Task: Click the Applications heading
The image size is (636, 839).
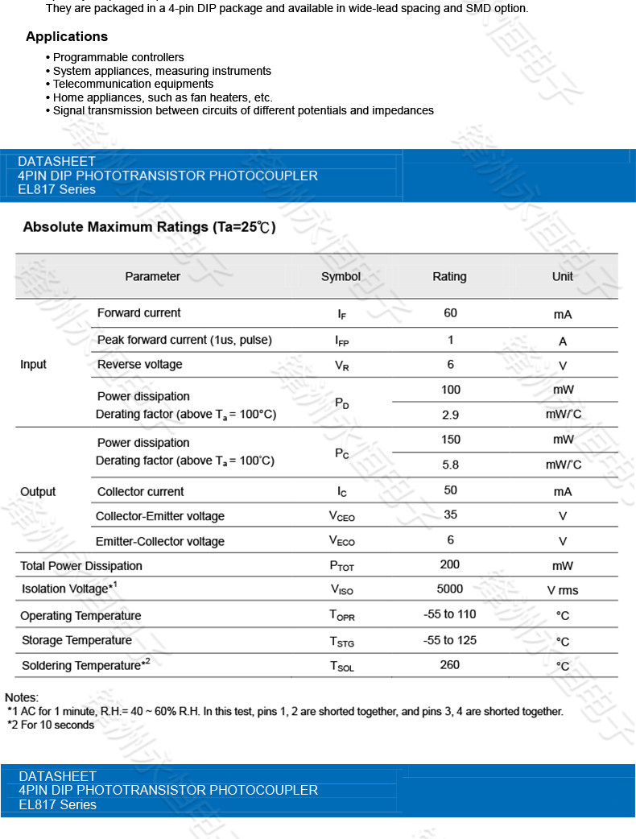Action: (67, 36)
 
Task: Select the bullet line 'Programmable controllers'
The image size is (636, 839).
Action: (118, 57)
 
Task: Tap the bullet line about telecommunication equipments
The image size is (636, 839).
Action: (133, 84)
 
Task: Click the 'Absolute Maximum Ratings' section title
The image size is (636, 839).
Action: (149, 227)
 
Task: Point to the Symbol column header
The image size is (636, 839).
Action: (341, 276)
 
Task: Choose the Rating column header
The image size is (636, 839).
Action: (449, 276)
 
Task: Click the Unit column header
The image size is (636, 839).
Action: (562, 276)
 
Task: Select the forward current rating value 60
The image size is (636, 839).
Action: (450, 312)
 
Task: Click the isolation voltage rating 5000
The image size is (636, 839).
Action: (450, 589)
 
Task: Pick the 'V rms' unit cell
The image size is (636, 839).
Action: (562, 590)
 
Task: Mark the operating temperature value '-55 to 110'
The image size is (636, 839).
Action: (450, 614)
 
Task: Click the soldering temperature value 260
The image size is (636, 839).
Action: (450, 664)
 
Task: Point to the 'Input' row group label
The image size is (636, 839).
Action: (33, 365)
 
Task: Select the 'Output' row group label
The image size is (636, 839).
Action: (38, 491)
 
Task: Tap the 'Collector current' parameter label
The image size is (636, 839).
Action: (140, 491)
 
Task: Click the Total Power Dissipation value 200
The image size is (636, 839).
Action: (450, 564)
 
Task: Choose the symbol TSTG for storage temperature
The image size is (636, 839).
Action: (341, 641)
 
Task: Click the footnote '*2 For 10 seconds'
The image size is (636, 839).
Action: (51, 725)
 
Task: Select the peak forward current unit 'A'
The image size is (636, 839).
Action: (562, 341)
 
